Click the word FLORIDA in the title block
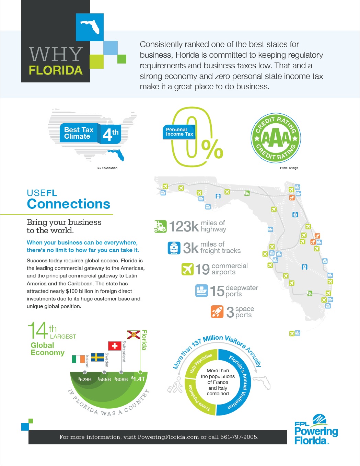pyautogui.click(x=56, y=70)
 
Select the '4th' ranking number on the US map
pyautogui.click(x=110, y=134)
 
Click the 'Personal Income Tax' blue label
pyautogui.click(x=179, y=132)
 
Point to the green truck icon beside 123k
pyautogui.click(x=160, y=226)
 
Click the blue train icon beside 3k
pyautogui.click(x=174, y=248)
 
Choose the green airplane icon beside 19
pyautogui.click(x=187, y=269)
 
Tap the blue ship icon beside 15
pyautogui.click(x=201, y=291)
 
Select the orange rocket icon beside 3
pyautogui.click(x=217, y=311)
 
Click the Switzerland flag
pyautogui.click(x=115, y=346)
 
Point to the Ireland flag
pyautogui.click(x=78, y=359)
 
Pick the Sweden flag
pyautogui.click(x=97, y=357)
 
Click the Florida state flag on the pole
pyautogui.click(x=133, y=335)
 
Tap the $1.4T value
pyautogui.click(x=139, y=379)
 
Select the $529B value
pyautogui.click(x=85, y=379)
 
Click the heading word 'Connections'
pyautogui.click(x=69, y=204)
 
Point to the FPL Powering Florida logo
pyautogui.click(x=316, y=430)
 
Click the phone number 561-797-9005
pyautogui.click(x=239, y=437)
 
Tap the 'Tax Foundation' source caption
pyautogui.click(x=107, y=168)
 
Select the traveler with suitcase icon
pyautogui.click(x=176, y=385)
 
